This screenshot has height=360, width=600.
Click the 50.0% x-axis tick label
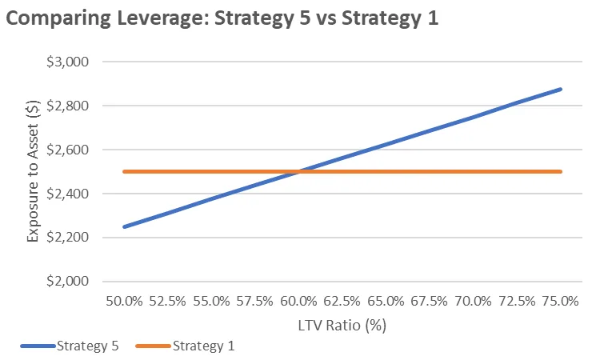124,302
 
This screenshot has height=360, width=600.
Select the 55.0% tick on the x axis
211,302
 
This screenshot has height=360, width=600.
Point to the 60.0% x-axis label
298,302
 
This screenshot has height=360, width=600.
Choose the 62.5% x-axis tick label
342,302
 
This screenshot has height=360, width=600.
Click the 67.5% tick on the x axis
430,302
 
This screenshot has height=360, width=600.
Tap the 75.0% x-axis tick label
561,302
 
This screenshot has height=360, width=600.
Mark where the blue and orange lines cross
298,171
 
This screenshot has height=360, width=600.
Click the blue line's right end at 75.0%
561,89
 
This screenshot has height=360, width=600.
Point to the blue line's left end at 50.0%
124,226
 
